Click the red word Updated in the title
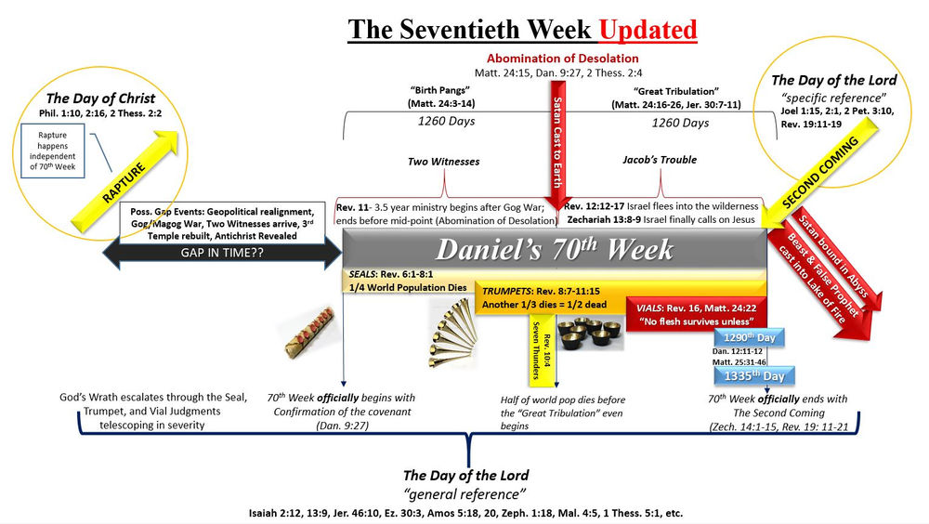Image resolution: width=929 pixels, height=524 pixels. [647, 30]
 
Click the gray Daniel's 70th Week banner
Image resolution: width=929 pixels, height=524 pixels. [554, 250]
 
